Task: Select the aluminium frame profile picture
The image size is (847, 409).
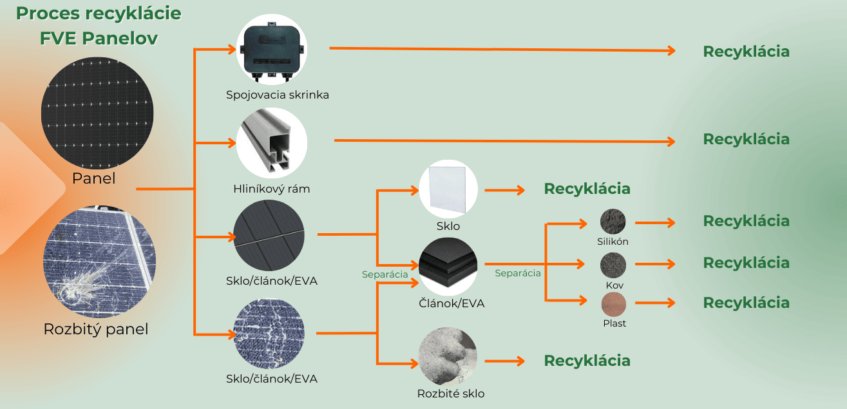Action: point(271,143)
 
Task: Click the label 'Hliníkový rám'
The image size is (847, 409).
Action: point(272,189)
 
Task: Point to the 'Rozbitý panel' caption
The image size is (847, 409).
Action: point(96,329)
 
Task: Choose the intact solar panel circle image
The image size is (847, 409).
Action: point(98,112)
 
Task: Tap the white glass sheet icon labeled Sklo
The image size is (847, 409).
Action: point(448,189)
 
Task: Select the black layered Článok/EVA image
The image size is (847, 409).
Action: point(448,265)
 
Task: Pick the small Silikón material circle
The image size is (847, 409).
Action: point(613,222)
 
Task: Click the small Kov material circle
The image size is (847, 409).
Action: point(613,265)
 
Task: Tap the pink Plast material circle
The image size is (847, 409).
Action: point(614,303)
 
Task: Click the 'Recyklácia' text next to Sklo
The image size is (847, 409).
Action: point(587,189)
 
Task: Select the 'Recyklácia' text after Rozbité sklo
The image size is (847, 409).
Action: point(587,361)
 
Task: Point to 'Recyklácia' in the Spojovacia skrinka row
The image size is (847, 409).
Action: point(746,52)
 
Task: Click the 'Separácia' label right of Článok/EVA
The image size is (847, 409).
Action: point(517,273)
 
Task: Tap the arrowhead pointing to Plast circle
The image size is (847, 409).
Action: point(584,300)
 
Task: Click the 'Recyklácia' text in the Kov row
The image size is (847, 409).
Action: point(746,263)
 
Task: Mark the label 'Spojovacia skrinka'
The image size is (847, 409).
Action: point(278,95)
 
